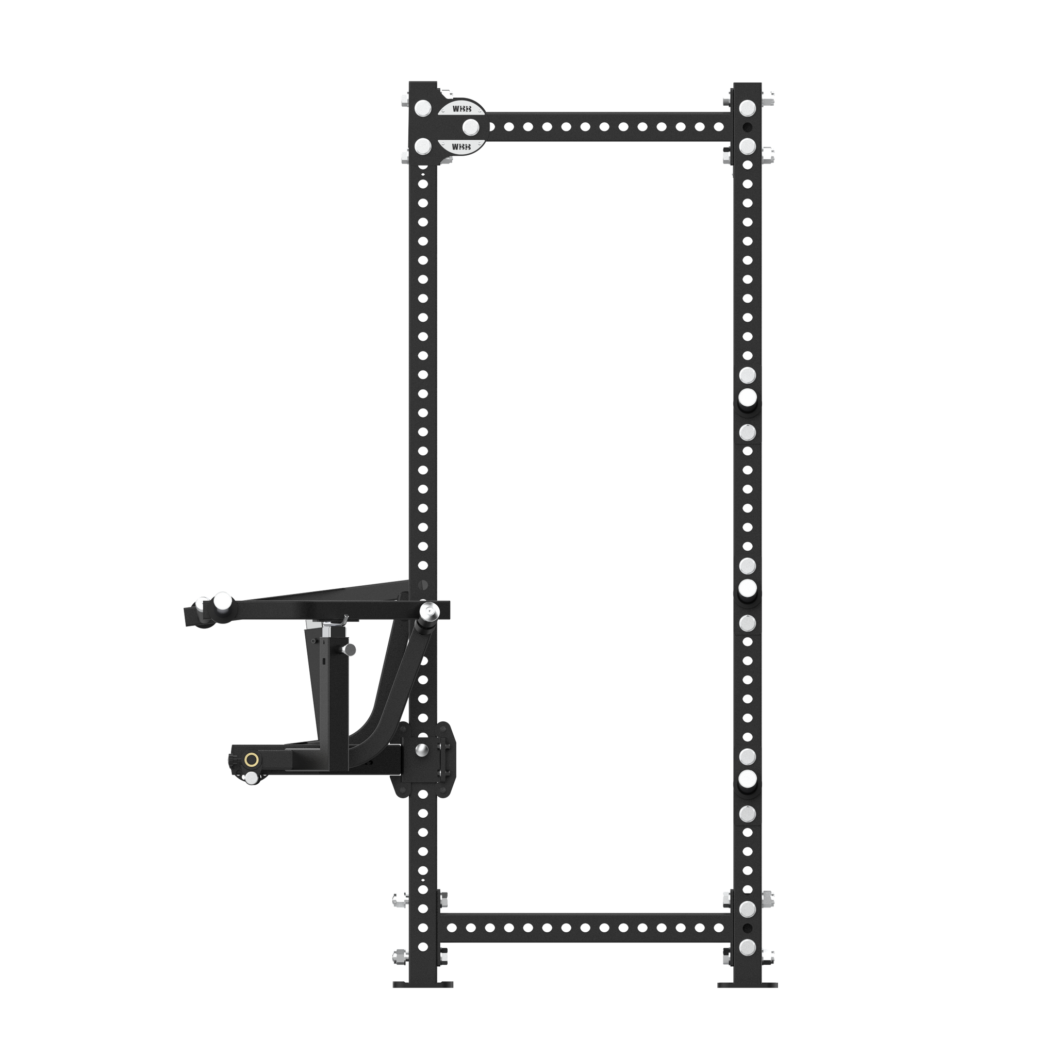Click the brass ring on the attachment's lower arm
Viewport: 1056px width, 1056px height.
point(252,759)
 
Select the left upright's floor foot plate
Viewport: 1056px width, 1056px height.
point(423,999)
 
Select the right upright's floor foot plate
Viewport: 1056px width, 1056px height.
point(747,999)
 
